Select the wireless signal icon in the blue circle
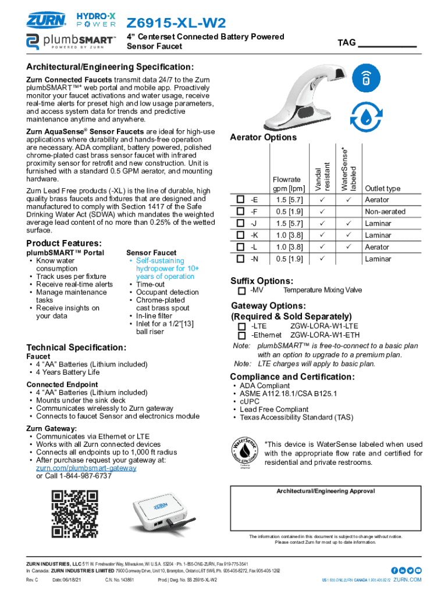pos(366,78)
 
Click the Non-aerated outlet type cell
pos(385,212)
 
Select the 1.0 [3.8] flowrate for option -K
pos(289,235)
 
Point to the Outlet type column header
pos(382,188)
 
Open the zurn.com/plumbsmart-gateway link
pos(86,468)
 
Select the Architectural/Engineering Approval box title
pos(325,491)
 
